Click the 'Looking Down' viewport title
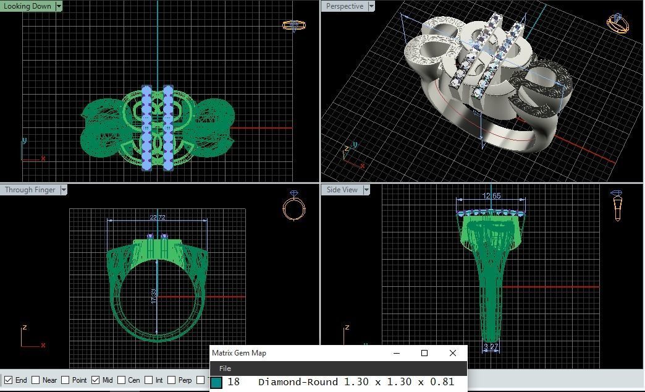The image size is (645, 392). [27, 6]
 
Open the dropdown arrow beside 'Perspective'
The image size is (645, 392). [371, 6]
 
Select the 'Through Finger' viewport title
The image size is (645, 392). [30, 190]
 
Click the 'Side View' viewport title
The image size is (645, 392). [342, 190]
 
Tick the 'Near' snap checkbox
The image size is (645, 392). [36, 380]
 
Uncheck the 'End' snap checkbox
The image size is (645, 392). [9, 380]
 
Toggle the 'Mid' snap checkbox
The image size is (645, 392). [95, 380]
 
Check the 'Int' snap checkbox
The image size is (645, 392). [148, 380]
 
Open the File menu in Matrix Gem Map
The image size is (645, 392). [225, 369]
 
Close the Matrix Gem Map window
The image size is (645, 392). [453, 353]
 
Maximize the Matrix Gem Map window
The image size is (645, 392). [424, 353]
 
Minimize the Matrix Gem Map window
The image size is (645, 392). [396, 353]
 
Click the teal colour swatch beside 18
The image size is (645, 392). [216, 383]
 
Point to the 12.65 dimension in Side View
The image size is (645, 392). [492, 196]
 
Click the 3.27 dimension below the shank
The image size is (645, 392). [491, 347]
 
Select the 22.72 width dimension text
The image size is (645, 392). [157, 218]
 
